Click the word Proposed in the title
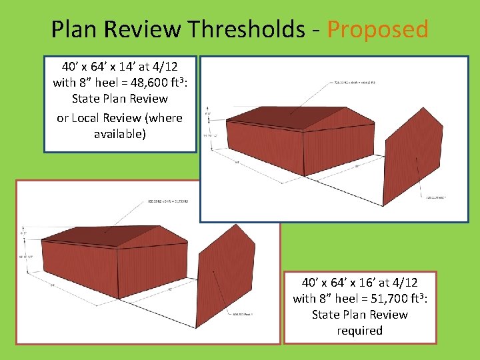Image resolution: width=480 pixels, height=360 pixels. point(377,29)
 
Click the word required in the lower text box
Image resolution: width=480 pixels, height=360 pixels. point(360,331)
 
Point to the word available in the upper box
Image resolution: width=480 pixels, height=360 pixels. point(120,133)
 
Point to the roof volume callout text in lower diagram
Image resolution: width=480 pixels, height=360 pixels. point(164,200)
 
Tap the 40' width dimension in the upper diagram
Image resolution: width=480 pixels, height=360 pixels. point(357,167)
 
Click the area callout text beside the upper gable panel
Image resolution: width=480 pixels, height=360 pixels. point(436,198)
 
